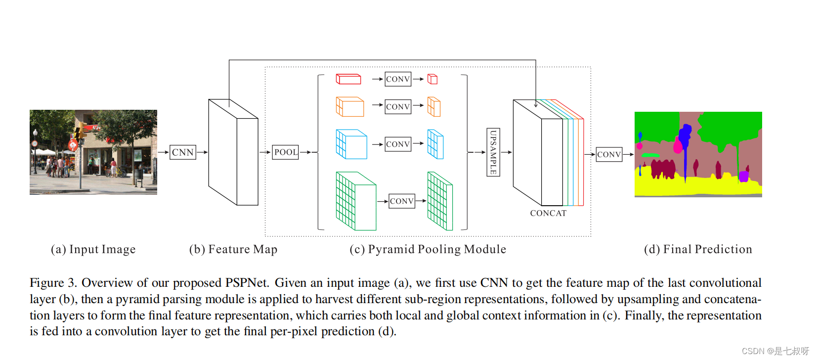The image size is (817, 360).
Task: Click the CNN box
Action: (182, 152)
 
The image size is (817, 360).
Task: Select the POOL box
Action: (286, 152)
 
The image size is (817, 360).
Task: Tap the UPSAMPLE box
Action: (493, 152)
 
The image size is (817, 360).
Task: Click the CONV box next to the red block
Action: (398, 79)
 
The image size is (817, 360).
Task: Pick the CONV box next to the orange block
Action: (398, 107)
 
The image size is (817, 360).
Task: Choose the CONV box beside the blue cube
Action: (398, 144)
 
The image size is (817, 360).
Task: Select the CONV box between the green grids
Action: (402, 201)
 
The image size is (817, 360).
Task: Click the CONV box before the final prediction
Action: (609, 154)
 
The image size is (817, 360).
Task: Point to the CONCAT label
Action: (548, 213)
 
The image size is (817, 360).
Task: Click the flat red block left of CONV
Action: (348, 79)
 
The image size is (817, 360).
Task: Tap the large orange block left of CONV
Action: (350, 107)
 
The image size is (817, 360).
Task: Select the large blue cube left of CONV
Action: (351, 144)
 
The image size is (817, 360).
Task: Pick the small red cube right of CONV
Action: (432, 79)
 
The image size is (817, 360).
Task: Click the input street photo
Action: (93, 152)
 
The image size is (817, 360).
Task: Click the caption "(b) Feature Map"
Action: (233, 249)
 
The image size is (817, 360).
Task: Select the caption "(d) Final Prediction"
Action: (698, 249)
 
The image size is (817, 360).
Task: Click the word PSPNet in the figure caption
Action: (247, 283)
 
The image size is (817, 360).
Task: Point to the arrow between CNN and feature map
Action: (202, 152)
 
